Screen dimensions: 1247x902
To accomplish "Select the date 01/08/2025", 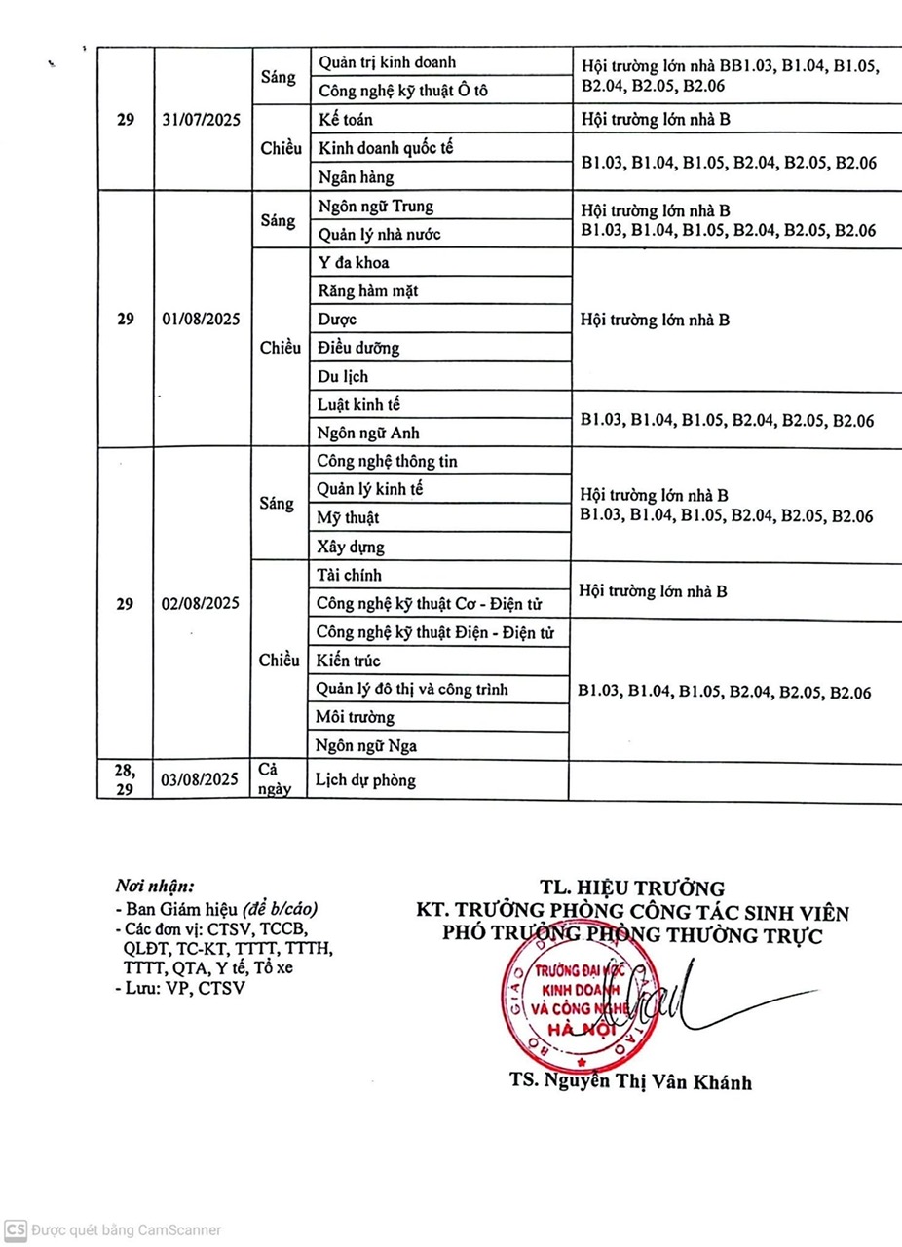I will click(202, 320).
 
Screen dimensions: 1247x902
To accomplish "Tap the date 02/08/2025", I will click(202, 604).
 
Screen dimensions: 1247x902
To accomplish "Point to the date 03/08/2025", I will click(202, 779).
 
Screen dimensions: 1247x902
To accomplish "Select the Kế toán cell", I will click(346, 120).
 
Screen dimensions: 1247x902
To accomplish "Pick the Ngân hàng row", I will click(356, 176).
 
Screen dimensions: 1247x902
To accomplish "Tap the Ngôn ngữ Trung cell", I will click(376, 207).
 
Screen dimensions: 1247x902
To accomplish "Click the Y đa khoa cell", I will click(355, 263).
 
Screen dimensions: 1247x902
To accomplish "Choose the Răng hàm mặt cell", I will click(368, 290).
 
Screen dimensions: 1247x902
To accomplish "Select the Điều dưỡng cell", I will click(358, 348).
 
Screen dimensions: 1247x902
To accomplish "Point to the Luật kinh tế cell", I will click(358, 404).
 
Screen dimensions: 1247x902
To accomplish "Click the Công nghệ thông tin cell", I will click(387, 462).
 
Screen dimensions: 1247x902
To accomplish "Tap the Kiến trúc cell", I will click(349, 661).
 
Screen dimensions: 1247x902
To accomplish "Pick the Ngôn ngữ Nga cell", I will click(366, 746).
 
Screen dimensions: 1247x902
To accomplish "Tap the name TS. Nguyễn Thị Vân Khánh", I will click(630, 1082).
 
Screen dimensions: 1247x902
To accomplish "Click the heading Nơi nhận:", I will click(155, 886).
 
